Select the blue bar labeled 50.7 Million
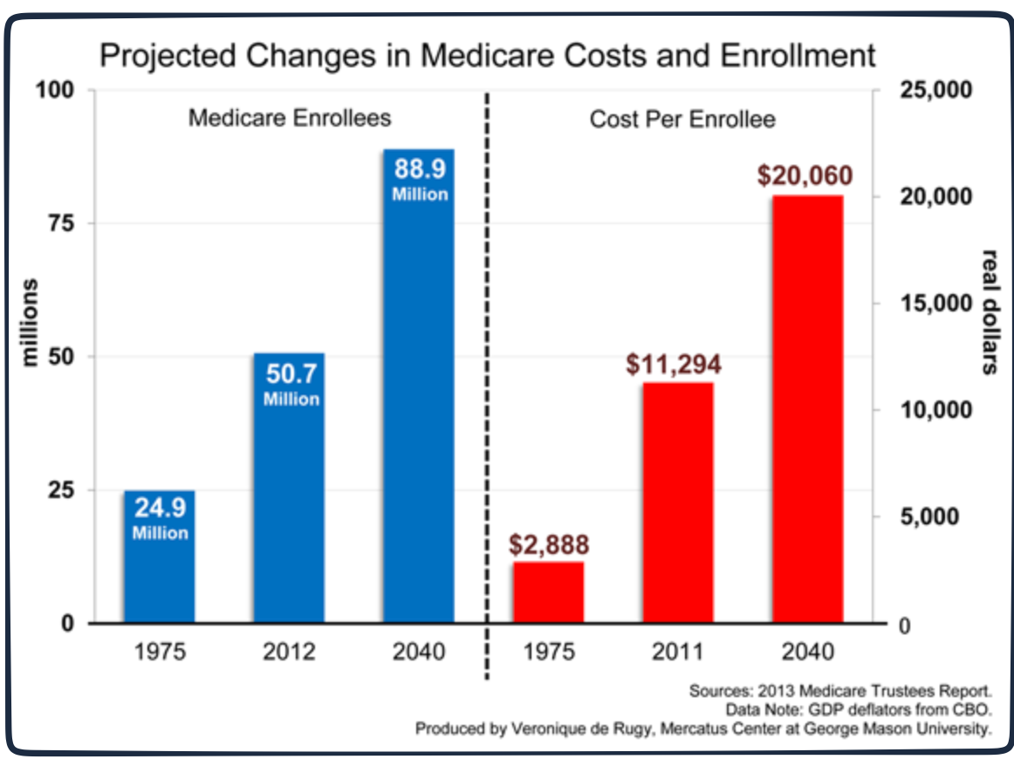[x=289, y=489]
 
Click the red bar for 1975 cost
[x=548, y=592]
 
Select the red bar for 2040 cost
[x=807, y=409]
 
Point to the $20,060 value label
[x=805, y=175]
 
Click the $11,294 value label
[x=674, y=364]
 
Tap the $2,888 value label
[x=549, y=544]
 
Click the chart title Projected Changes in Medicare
[x=487, y=55]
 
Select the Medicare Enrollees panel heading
[x=290, y=117]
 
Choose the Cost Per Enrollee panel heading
[x=682, y=119]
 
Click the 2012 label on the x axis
[x=290, y=652]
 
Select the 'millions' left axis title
[x=30, y=323]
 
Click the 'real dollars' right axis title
[x=990, y=312]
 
